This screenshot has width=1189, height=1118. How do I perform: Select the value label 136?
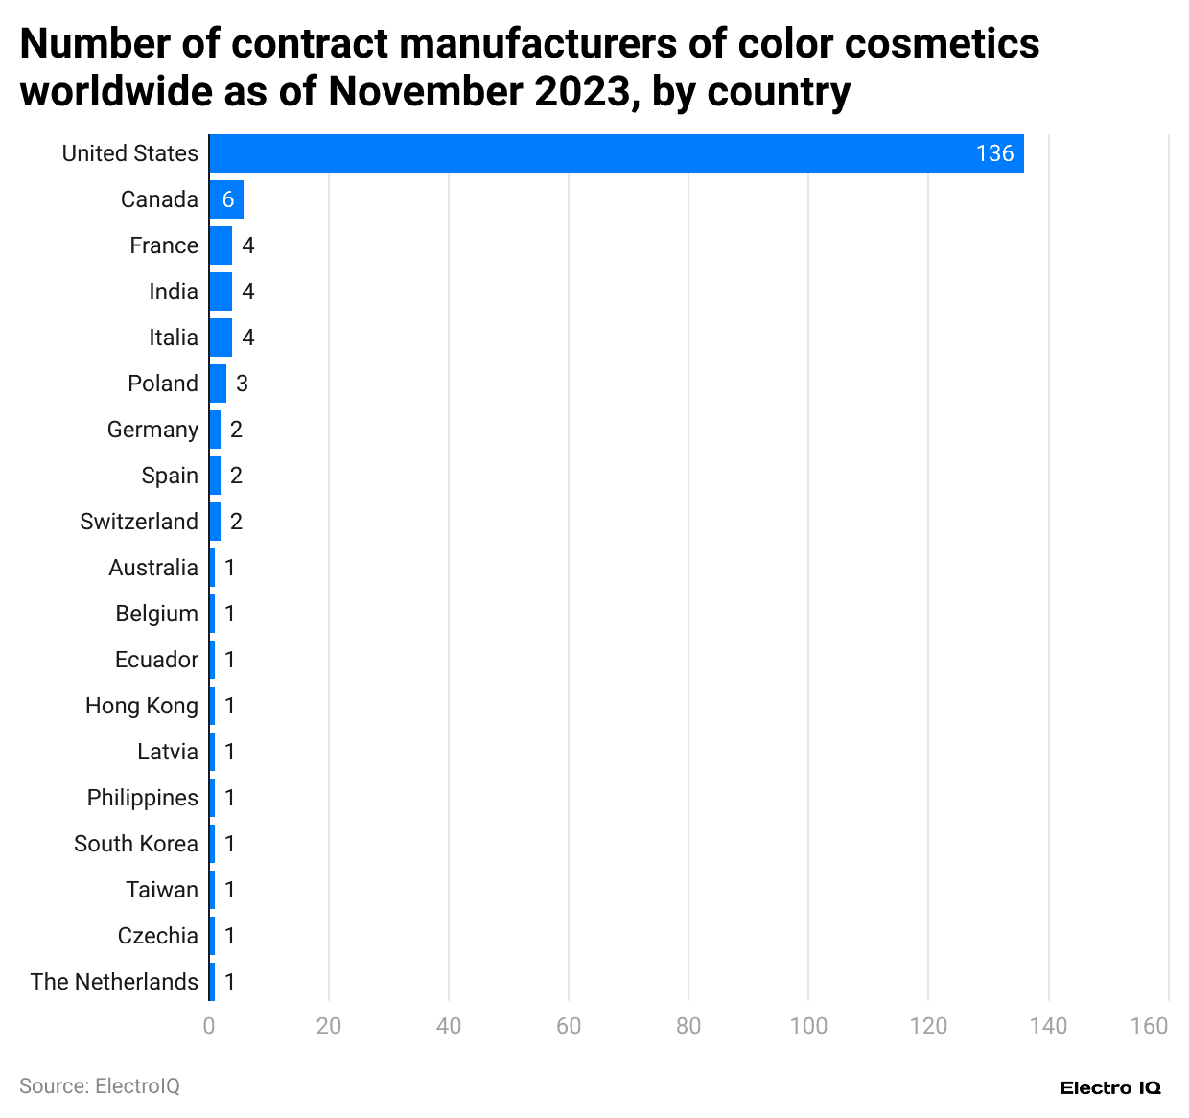(x=994, y=153)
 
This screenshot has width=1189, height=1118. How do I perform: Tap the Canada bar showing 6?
(x=226, y=199)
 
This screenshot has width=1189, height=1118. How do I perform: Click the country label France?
(x=164, y=245)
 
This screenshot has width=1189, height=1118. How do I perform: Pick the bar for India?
(x=221, y=291)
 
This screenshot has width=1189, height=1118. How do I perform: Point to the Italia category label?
(x=174, y=338)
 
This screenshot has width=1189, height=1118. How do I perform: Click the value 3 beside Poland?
(x=242, y=384)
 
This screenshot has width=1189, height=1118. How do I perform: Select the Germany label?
(x=152, y=430)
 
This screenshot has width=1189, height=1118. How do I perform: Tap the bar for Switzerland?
(x=215, y=522)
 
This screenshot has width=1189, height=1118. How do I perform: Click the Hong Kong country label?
(x=142, y=706)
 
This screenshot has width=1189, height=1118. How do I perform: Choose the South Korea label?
(x=136, y=844)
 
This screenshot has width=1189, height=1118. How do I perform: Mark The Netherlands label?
(x=114, y=982)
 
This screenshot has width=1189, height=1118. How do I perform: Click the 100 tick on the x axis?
(x=808, y=1026)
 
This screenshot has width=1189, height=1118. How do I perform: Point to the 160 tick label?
(x=1149, y=1026)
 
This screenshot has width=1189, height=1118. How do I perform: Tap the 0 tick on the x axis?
(x=209, y=1026)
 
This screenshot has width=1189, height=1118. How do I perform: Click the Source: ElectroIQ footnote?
(x=100, y=1085)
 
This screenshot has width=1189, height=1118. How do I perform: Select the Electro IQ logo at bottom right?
(x=1110, y=1087)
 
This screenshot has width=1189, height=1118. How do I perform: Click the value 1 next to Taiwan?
(x=229, y=890)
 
